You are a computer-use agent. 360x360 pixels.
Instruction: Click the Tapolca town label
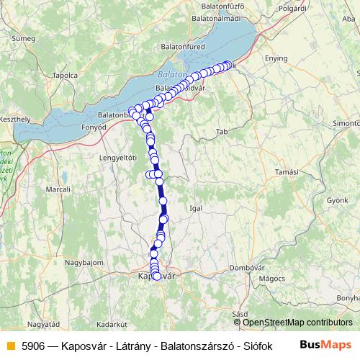point(65,74)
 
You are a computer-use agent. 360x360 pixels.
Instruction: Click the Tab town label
point(222,132)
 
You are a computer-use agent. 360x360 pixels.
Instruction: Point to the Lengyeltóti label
point(118,157)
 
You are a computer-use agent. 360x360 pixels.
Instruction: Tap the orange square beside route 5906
point(9,345)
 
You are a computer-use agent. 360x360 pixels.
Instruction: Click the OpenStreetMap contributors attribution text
point(297,322)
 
